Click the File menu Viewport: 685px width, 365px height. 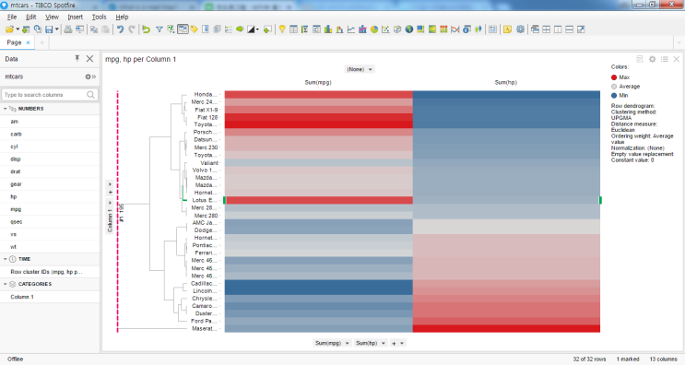(x=11, y=17)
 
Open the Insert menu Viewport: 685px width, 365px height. (x=75, y=17)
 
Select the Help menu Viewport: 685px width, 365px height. (x=122, y=17)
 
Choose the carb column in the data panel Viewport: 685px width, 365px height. (x=17, y=134)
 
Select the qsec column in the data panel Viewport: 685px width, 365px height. (x=17, y=221)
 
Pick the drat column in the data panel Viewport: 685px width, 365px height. (x=16, y=171)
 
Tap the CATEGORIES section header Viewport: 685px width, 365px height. (x=37, y=284)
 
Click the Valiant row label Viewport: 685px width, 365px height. (x=208, y=163)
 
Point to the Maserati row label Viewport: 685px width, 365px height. (x=205, y=328)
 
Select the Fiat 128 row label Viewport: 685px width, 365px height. (x=207, y=117)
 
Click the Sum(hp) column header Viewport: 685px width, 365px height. (x=506, y=82)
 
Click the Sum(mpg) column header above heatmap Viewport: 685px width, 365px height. (x=318, y=82)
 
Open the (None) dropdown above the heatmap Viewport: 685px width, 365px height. (x=360, y=69)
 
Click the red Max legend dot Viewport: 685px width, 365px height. (x=615, y=77)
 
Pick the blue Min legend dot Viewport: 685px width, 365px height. (x=615, y=95)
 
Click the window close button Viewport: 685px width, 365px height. (x=675, y=6)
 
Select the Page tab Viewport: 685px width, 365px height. (x=15, y=42)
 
